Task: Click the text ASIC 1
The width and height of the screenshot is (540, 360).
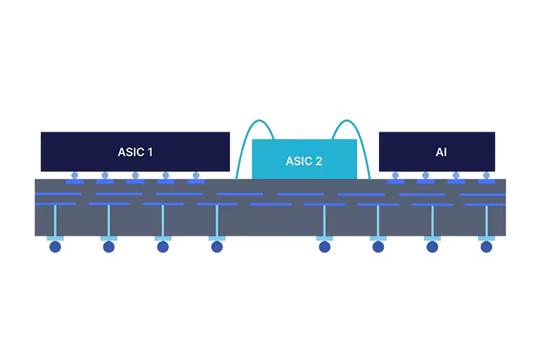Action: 135,152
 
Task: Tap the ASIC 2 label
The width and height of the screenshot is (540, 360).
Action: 304,161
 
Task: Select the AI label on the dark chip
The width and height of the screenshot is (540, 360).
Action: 441,152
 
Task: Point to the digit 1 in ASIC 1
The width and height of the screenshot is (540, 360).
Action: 149,152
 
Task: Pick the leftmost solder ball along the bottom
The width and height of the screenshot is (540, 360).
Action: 55,246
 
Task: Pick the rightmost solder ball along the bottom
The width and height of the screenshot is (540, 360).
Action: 487,246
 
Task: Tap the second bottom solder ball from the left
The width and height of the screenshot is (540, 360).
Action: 109,246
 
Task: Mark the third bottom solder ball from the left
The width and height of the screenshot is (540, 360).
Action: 162,246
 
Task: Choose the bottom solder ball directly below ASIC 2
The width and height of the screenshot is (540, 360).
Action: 324,246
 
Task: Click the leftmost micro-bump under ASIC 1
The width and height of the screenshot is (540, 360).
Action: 75,176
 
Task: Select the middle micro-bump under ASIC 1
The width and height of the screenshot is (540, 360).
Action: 135,176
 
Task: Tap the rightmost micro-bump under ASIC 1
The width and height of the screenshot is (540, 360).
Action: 195,176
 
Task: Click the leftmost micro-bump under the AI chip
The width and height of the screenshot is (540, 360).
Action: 395,176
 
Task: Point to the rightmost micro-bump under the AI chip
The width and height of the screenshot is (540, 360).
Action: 485,176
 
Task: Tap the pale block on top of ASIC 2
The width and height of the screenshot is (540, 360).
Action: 304,129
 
